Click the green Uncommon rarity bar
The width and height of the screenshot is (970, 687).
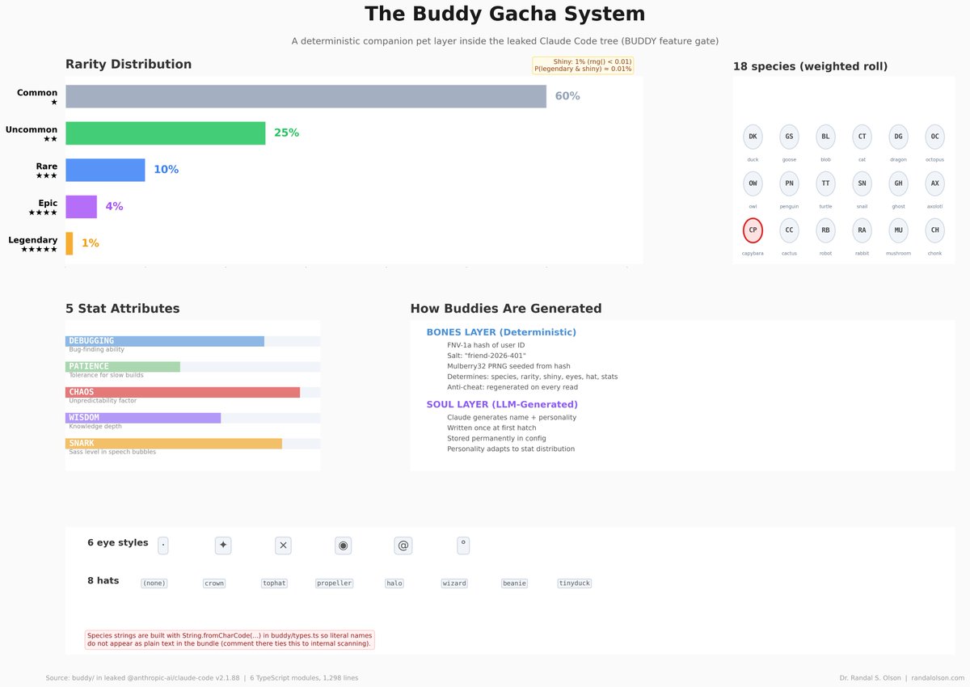click(x=166, y=133)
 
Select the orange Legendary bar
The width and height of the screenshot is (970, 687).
click(x=70, y=243)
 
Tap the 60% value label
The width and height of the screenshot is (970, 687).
click(x=567, y=96)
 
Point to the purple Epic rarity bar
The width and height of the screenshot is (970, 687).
click(x=81, y=207)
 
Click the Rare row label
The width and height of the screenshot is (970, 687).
click(x=46, y=171)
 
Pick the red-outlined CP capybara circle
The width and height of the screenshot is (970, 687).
click(x=753, y=230)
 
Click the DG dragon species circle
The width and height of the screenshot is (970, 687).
click(x=898, y=137)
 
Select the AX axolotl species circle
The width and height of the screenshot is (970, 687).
click(x=934, y=183)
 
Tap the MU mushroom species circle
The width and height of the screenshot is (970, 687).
click(x=898, y=230)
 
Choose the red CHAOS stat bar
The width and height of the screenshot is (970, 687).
click(x=183, y=392)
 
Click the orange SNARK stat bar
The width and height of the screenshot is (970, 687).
click(x=174, y=444)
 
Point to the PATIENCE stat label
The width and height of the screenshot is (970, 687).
click(x=89, y=367)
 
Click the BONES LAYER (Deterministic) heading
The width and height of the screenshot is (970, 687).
click(x=501, y=332)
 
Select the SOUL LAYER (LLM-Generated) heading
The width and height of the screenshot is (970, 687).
click(x=502, y=404)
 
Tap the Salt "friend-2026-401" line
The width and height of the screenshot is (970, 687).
click(x=487, y=356)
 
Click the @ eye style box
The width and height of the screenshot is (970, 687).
click(x=403, y=546)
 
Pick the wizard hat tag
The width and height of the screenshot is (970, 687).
click(x=454, y=584)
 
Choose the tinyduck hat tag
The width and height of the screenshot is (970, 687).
click(x=575, y=584)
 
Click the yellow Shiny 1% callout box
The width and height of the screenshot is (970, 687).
click(x=583, y=65)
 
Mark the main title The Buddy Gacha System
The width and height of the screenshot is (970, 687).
click(x=505, y=14)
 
